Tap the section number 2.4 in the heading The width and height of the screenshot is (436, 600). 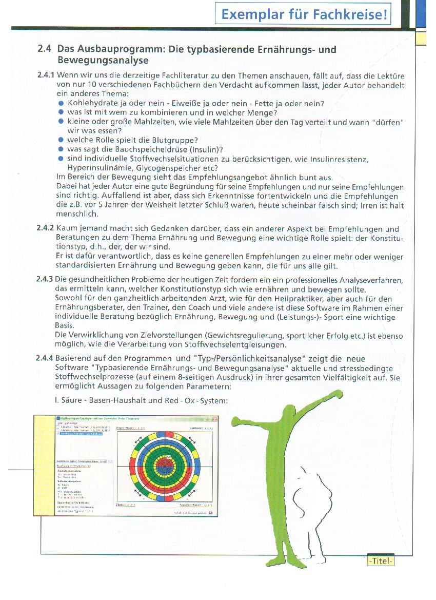point(45,50)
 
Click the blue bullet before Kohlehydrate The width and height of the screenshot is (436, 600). point(62,103)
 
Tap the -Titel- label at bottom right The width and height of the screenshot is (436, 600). point(380,561)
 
